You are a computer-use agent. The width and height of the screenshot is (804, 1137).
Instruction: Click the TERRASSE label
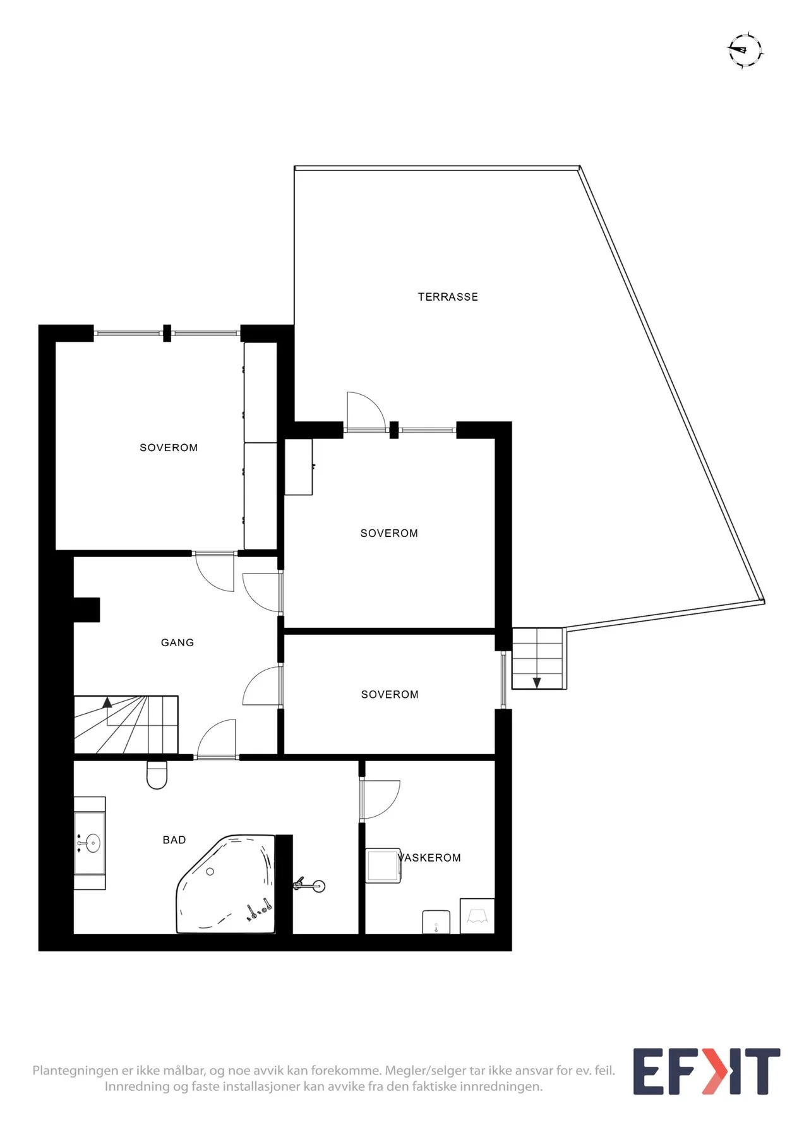pos(448,297)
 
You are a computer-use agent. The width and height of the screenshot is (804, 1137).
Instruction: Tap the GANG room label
pos(177,642)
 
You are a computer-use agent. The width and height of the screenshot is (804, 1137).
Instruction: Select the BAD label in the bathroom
pos(174,840)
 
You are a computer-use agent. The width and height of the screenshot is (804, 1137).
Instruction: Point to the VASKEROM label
pos(429,858)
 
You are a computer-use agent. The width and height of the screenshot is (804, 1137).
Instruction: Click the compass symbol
pos(745,49)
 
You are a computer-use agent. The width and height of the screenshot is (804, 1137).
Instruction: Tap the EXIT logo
pos(707,1071)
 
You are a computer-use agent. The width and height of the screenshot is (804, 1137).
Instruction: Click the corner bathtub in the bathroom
pos(225,884)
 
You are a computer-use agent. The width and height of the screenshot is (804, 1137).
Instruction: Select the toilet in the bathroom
pos(157,775)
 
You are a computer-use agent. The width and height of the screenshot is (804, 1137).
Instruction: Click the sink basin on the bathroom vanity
pos(93,843)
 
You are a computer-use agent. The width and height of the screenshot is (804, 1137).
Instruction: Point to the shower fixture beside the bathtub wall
pos(309,886)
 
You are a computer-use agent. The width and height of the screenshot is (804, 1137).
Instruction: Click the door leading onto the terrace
pos(365,411)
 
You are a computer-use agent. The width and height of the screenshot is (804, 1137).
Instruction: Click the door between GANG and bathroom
pos(217,738)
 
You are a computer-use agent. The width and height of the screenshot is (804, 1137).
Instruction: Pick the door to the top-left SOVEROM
pos(215,572)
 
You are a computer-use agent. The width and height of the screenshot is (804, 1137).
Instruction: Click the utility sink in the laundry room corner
pos(477,916)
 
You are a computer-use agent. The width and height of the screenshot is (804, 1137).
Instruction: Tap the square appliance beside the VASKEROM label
pos(383,865)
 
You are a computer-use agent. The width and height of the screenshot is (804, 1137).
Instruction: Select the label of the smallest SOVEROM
pos(390,695)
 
